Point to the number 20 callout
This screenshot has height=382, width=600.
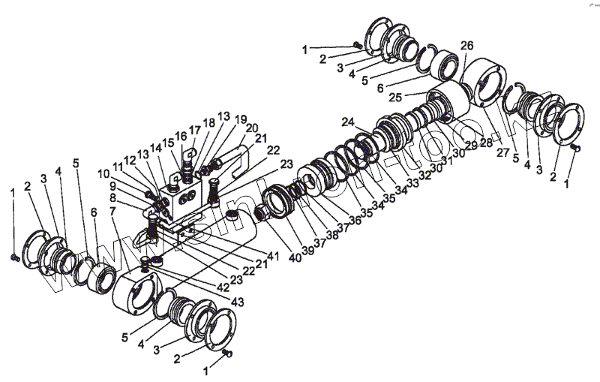pos(251,128)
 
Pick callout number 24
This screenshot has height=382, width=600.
pos(347,122)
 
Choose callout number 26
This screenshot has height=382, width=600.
pos(466,46)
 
